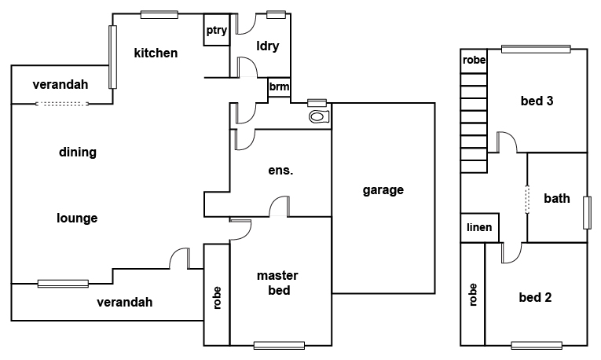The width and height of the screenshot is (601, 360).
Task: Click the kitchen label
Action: (156, 53)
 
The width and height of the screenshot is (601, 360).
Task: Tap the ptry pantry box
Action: (216, 31)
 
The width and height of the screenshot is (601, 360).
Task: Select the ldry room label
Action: (268, 46)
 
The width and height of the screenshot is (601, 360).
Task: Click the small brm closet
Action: (279, 87)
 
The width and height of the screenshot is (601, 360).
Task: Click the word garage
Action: (383, 190)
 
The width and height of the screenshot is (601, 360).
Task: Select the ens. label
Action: (280, 170)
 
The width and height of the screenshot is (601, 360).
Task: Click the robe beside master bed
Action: (216, 296)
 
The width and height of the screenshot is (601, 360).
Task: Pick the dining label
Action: (77, 152)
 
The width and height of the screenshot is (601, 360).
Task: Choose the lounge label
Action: (77, 219)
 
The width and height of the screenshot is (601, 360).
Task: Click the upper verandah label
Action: (60, 85)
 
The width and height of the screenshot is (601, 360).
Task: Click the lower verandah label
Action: (124, 302)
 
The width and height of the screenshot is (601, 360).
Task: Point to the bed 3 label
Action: (537, 101)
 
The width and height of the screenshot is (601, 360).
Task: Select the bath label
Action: (557, 199)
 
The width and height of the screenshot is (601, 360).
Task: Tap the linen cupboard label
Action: (479, 228)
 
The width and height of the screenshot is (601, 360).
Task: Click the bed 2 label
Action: (536, 297)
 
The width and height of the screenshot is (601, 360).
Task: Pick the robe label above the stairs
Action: (473, 61)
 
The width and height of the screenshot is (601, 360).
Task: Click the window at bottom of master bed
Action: (279, 344)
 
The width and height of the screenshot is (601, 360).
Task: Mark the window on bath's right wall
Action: (587, 212)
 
